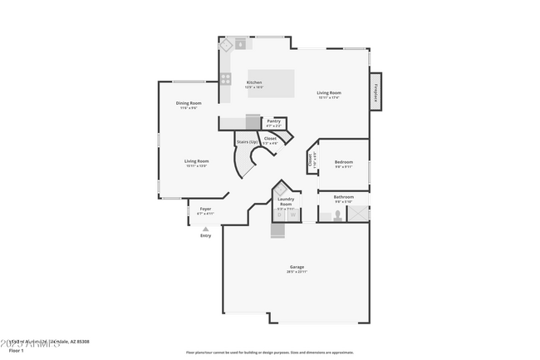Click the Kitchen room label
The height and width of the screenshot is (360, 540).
coord(254,83)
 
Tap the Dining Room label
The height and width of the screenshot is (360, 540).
coord(189,104)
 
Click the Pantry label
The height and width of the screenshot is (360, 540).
coord(273,121)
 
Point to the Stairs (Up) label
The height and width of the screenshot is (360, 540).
coord(247,142)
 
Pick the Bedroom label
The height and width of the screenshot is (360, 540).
coord(343,162)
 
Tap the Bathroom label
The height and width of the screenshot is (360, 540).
coord(343,198)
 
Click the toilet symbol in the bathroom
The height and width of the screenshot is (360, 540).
coord(337,215)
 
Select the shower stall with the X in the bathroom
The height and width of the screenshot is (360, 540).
coord(358,214)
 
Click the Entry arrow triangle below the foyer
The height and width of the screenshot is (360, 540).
coord(205,229)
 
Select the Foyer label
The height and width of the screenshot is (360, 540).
coord(205,209)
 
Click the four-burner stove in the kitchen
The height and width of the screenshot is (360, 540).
coord(226,79)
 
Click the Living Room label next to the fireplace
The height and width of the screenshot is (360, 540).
coord(329,93)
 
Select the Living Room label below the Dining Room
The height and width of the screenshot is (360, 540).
coord(196,162)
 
